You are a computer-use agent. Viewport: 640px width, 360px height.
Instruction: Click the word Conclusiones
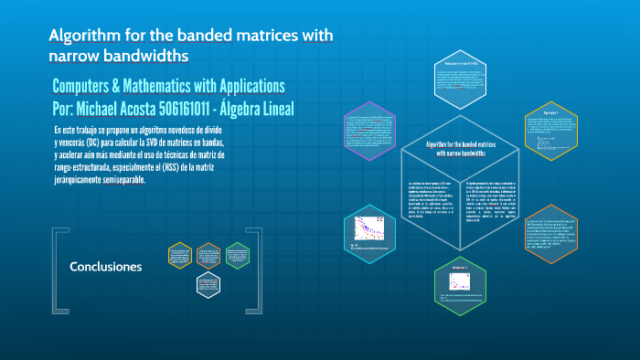106,267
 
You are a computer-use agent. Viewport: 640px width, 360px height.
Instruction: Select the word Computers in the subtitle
87,86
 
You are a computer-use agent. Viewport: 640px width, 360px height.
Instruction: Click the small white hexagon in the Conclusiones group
208,285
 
